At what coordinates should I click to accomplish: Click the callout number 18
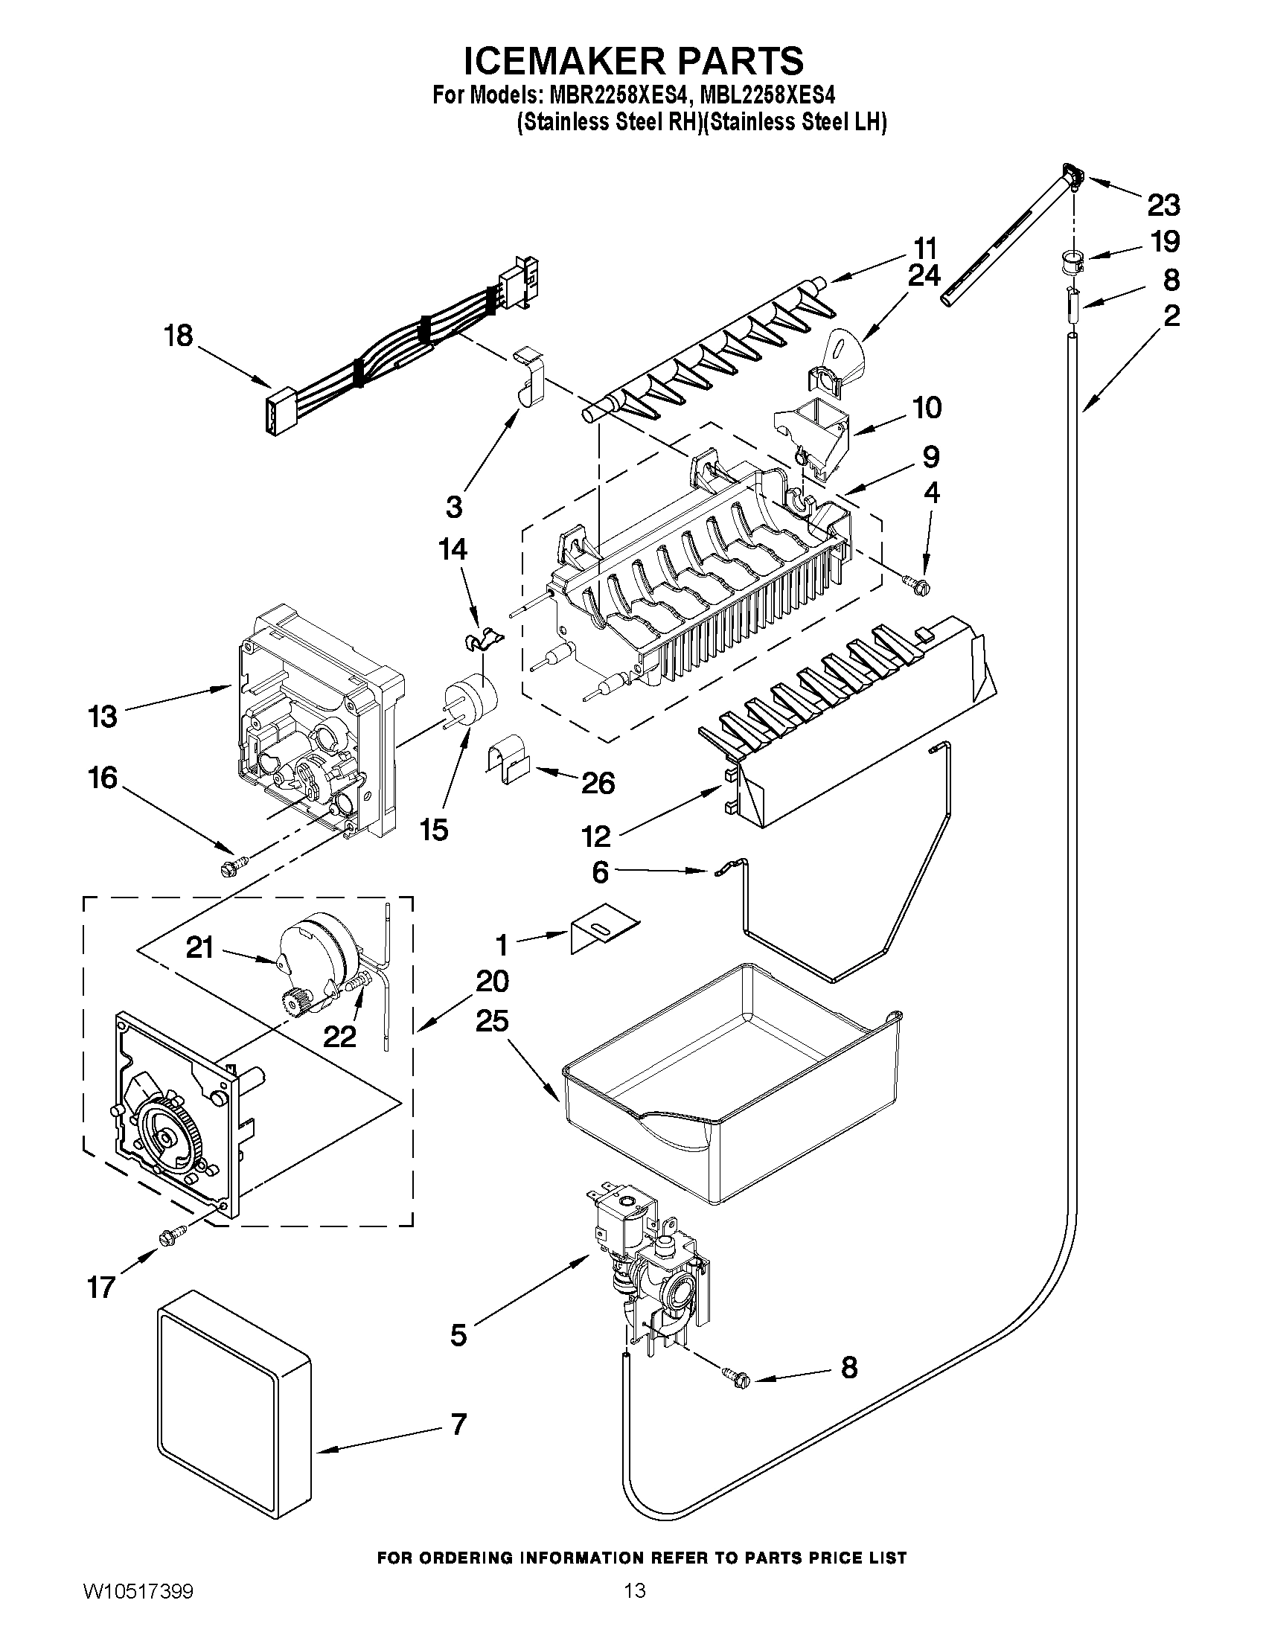[x=179, y=335]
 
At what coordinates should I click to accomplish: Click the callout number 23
[x=1163, y=204]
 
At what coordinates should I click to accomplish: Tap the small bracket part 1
[x=604, y=932]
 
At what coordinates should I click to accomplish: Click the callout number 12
[x=595, y=835]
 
